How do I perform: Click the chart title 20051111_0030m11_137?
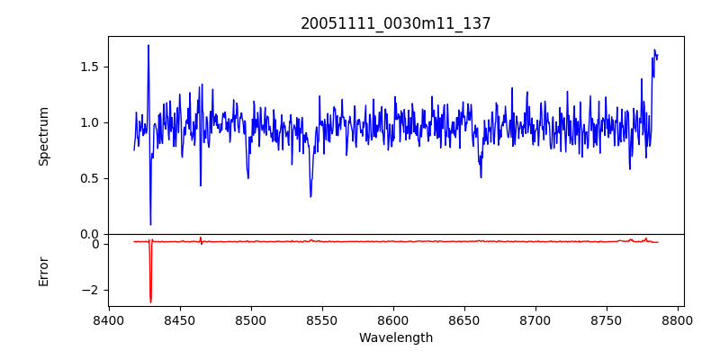pos(396,23)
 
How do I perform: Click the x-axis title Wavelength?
pos(396,337)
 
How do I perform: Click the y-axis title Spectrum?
pos(43,136)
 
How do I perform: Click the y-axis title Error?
pos(43,271)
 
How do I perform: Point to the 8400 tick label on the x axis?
pos(109,319)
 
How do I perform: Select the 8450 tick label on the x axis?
pos(180,319)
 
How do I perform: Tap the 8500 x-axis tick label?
pos(251,319)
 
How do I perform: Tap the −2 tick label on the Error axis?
pos(91,290)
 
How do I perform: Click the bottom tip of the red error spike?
pos(150,302)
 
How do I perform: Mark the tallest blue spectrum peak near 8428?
pos(148,45)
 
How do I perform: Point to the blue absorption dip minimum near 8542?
pos(310,197)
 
